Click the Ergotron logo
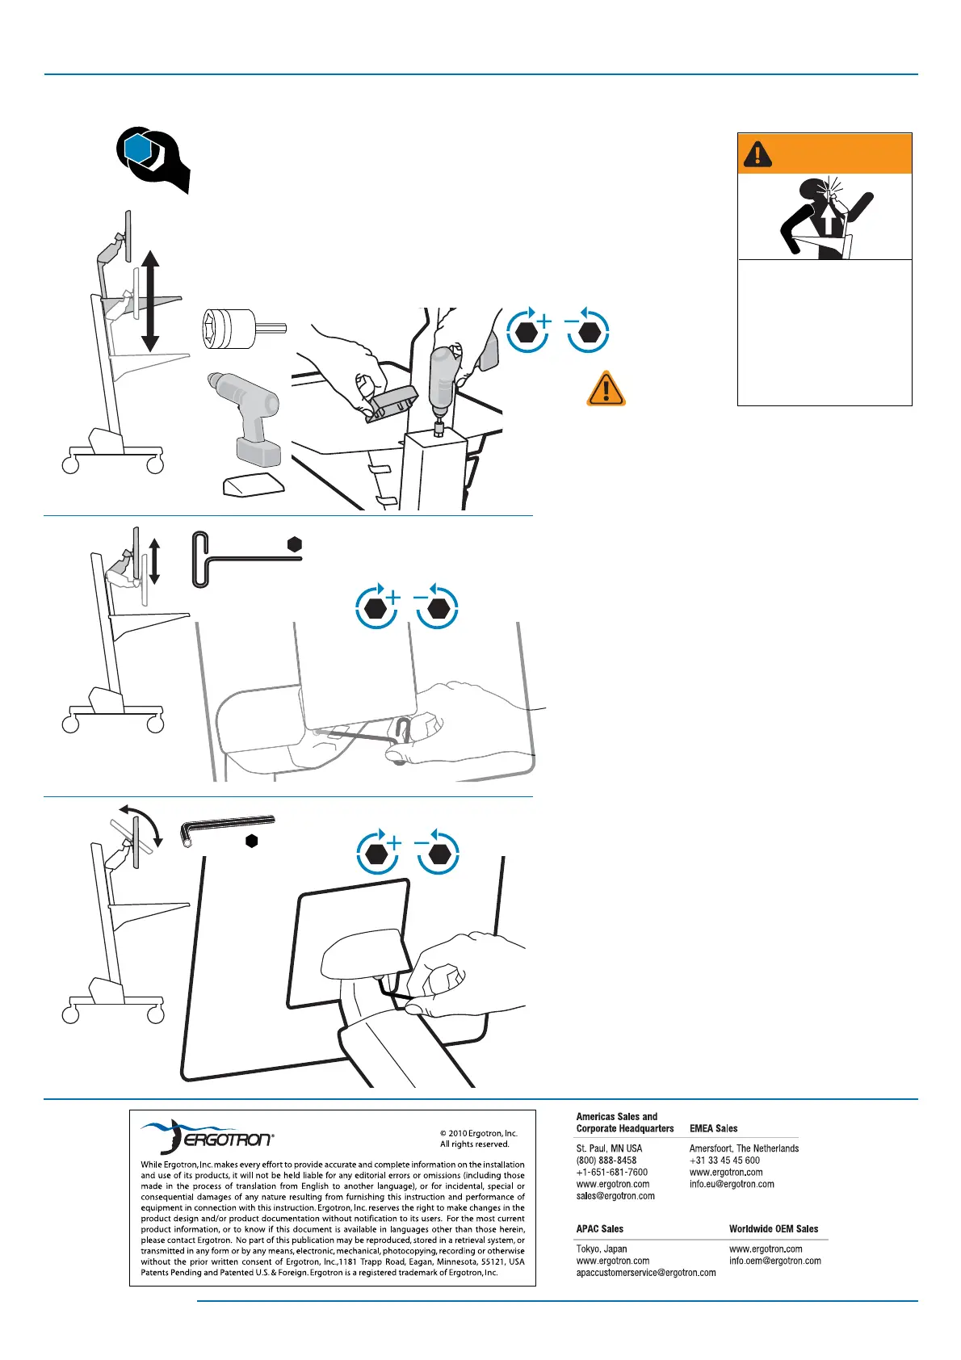tap(207, 1137)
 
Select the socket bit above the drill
tap(241, 328)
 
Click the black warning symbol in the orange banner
tap(757, 153)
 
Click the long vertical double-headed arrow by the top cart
tap(150, 300)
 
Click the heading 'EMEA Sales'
tap(713, 1128)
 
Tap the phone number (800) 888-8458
tap(606, 1160)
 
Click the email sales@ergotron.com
tap(615, 1196)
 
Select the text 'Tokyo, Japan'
tap(601, 1249)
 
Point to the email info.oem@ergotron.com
tap(774, 1261)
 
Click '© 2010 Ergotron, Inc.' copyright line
tap(478, 1133)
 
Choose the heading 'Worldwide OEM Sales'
tap(773, 1228)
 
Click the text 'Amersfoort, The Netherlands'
tap(744, 1148)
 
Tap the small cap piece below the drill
tap(253, 485)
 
